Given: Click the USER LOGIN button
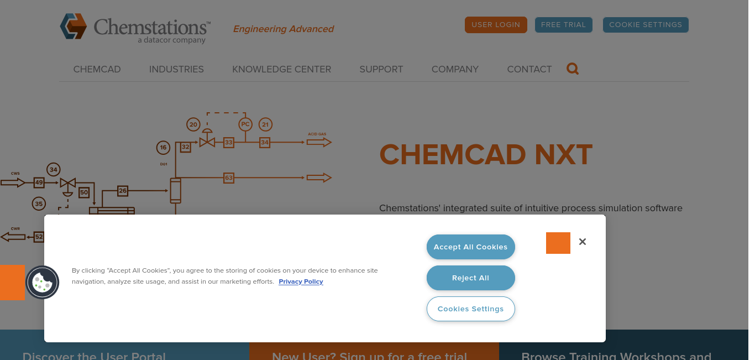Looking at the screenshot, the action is coord(495,24).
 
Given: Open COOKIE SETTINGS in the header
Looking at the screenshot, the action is coord(646,24).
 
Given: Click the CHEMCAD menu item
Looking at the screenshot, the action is coord(97,69).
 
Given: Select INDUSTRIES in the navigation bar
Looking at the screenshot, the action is coord(176,69).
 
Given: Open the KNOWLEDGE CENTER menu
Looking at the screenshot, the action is coord(281,69).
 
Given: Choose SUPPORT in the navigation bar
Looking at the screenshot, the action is coord(381,69).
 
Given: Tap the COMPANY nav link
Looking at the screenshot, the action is coord(455,69).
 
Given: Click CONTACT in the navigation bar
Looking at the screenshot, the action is coord(529,69).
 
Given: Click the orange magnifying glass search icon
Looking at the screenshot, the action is coord(572,69).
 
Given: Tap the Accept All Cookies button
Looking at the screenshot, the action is coord(470,247).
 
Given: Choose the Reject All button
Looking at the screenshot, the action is coord(470,278).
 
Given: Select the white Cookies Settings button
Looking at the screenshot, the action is coord(470,309).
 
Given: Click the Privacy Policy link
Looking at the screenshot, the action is coord(301,281).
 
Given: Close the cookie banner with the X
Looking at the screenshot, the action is coord(583,242).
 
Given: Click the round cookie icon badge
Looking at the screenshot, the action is coord(43,283).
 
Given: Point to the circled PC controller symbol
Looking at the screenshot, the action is coord(245,124).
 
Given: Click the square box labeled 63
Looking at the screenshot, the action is coord(228,178).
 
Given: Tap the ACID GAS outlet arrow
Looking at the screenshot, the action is coord(319,142).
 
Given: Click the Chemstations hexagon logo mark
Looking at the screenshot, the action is coord(73,27).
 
